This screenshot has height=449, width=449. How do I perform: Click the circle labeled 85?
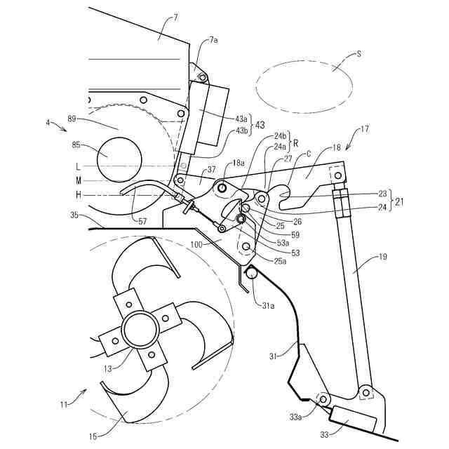pyautogui.click(x=120, y=154)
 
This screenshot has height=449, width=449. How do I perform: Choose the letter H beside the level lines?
pyautogui.click(x=80, y=194)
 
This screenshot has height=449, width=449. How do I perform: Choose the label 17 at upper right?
pyautogui.click(x=364, y=129)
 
